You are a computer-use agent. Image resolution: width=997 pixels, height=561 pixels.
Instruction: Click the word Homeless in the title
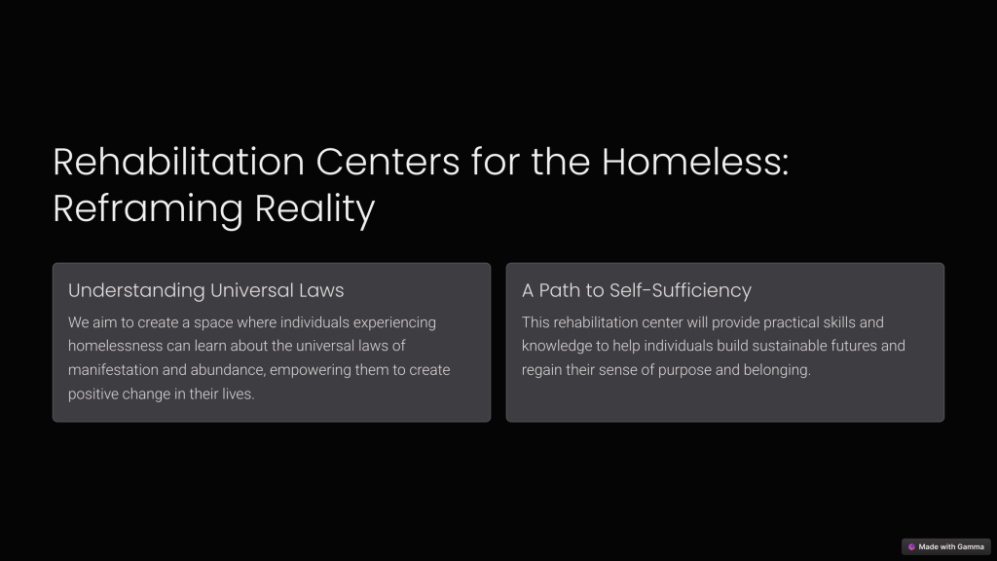(x=695, y=162)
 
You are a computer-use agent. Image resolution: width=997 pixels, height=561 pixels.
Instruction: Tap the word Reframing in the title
(x=148, y=208)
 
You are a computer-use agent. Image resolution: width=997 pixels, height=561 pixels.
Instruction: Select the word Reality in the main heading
(x=314, y=208)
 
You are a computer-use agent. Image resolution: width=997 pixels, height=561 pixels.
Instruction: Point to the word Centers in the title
(x=388, y=162)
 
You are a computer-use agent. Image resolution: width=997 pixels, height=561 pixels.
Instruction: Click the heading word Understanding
(x=136, y=290)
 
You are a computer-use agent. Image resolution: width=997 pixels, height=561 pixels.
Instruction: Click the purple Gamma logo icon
(x=911, y=547)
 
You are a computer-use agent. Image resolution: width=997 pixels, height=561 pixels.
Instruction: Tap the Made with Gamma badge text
(x=951, y=547)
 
